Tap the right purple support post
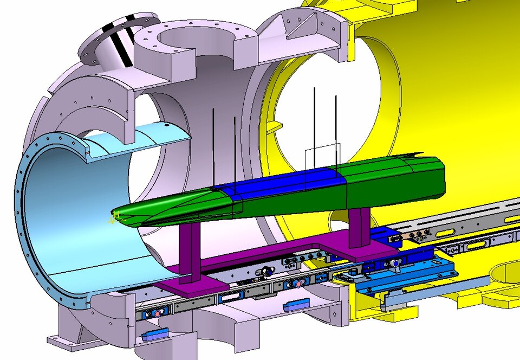359,228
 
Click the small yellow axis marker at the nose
113,220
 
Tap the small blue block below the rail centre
296,305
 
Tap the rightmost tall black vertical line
336,130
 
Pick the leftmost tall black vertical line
213,146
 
